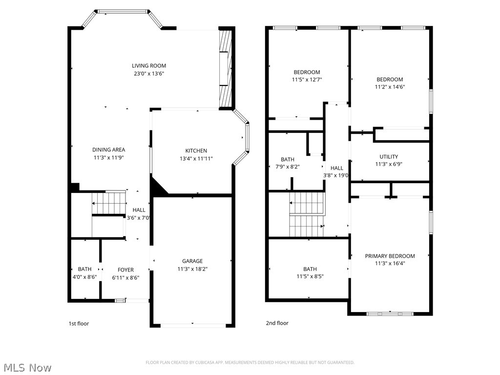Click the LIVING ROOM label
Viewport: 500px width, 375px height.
149,66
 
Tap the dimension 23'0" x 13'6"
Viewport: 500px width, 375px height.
149,74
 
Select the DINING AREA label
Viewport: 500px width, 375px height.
109,150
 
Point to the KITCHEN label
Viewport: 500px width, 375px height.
196,151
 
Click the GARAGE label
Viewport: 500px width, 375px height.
192,261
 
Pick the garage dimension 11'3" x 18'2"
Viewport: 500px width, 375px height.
192,269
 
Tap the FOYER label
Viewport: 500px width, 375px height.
125,270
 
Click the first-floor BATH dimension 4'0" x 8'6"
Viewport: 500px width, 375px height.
84,277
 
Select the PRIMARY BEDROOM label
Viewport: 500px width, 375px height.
390,256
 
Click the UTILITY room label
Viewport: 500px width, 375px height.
389,157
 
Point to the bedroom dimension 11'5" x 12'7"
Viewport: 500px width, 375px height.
307,80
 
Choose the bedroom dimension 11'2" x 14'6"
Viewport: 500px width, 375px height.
390,87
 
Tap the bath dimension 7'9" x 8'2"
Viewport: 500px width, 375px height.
288,167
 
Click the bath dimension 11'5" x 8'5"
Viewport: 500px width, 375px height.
310,276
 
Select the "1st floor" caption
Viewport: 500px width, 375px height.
79,323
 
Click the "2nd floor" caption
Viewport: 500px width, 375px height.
277,323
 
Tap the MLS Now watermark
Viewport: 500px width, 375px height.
27,367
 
